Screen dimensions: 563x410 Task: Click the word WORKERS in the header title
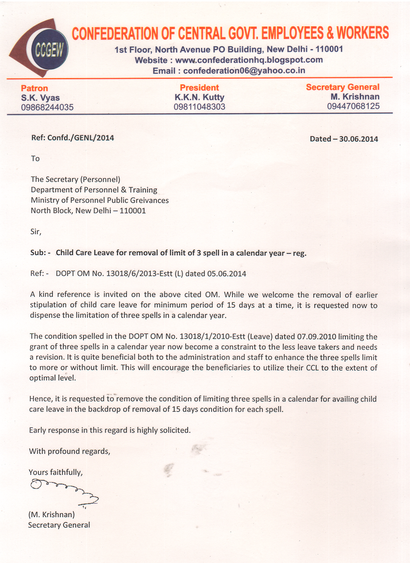(x=362, y=33)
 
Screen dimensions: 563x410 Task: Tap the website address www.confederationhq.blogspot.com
(x=249, y=60)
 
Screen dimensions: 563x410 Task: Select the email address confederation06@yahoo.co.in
(x=244, y=71)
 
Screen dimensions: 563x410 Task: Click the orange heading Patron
(x=34, y=88)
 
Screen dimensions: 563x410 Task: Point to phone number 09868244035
(x=47, y=107)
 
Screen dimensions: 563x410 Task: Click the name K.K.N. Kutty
(x=199, y=97)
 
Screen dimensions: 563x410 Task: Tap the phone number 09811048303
(x=199, y=107)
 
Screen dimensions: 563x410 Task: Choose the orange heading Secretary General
(x=342, y=87)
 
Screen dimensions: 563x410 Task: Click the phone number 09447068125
(x=353, y=106)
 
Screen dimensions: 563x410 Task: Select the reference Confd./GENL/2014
(x=81, y=138)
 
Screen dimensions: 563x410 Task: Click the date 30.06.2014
(x=358, y=139)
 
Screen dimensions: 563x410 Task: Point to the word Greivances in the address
(x=149, y=200)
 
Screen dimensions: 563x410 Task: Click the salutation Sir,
(x=36, y=232)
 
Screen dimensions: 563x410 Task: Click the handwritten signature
(x=63, y=492)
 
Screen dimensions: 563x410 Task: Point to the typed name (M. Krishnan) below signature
(x=51, y=514)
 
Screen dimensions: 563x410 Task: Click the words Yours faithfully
(x=56, y=472)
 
